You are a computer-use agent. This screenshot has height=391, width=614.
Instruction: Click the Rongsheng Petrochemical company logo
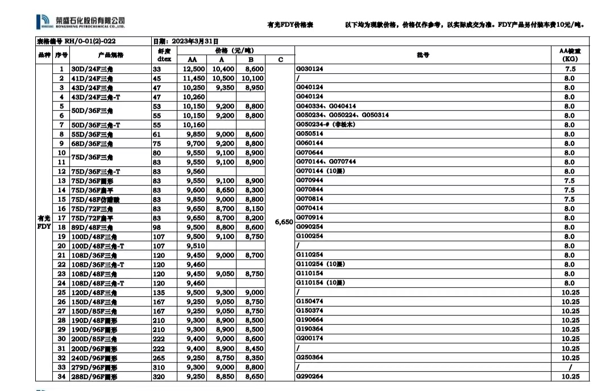(80, 22)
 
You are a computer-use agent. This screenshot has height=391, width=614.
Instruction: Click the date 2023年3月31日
(186, 41)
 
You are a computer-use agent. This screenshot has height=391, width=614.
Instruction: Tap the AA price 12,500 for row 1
(193, 69)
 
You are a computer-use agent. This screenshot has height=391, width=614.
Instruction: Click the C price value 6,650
(283, 222)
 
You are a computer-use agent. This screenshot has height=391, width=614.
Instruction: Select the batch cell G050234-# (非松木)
(326, 125)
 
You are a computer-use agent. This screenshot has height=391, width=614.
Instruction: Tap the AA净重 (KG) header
(570, 54)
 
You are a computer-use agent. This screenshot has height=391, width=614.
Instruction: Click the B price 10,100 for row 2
(252, 78)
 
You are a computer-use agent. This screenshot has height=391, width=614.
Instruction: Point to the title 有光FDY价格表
(290, 25)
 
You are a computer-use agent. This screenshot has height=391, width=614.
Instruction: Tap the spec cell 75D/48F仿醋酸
(95, 200)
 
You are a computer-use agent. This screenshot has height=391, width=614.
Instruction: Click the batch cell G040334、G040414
(326, 106)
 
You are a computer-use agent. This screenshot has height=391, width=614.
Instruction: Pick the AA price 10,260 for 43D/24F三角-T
(193, 97)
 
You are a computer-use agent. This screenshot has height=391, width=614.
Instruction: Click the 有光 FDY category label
(44, 222)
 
